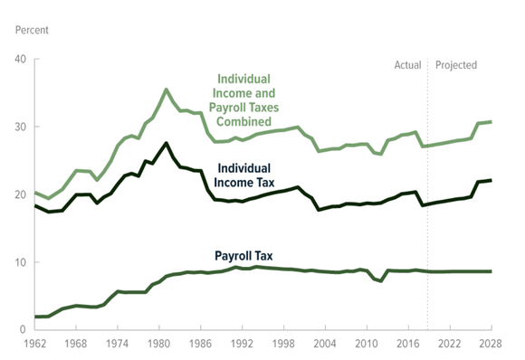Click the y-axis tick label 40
tap(21, 60)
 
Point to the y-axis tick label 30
tap(21, 128)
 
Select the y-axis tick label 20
tap(21, 194)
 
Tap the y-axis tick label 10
tap(21, 262)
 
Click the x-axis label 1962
tap(34, 345)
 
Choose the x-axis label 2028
tap(492, 345)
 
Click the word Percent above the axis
tap(32, 30)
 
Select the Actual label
tap(408, 65)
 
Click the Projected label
tap(456, 65)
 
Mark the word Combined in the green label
tap(244, 121)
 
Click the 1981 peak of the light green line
tap(166, 90)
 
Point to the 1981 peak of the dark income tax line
tap(166, 143)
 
